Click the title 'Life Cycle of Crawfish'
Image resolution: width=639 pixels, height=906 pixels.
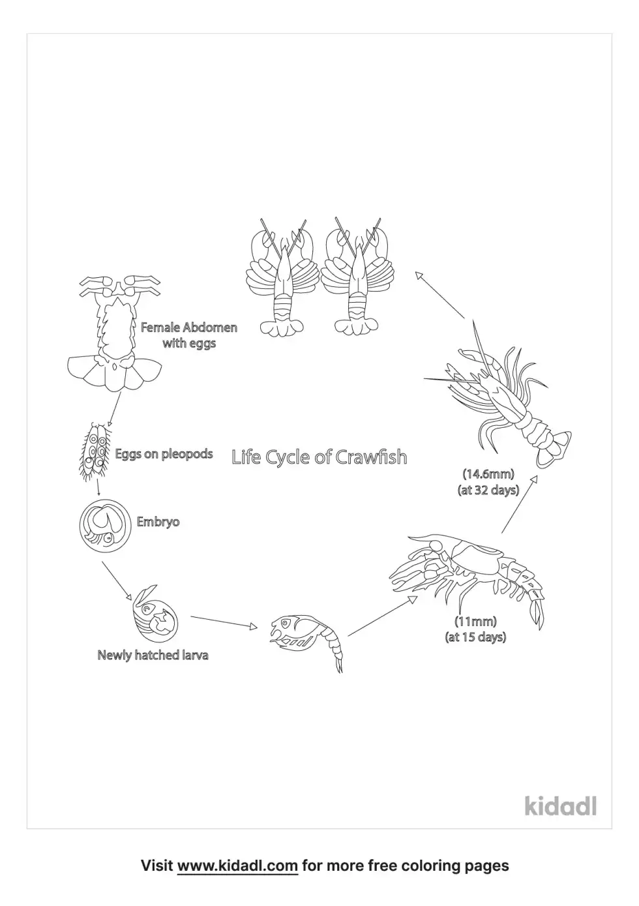pos(319,457)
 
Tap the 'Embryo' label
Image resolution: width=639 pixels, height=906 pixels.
pos(158,522)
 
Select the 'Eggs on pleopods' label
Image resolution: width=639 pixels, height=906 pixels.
pos(164,454)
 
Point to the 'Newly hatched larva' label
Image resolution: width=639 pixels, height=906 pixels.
pos(153,655)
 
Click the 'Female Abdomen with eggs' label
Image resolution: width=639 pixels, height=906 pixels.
pos(189,335)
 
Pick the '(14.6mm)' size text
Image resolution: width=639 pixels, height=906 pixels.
pos(488,474)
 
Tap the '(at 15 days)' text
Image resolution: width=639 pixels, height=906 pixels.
pos(475,637)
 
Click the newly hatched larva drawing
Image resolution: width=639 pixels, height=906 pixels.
pos(155,613)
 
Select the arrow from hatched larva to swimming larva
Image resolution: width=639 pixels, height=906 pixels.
pos(224,622)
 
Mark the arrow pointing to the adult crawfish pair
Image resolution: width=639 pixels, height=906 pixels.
pos(439,295)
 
